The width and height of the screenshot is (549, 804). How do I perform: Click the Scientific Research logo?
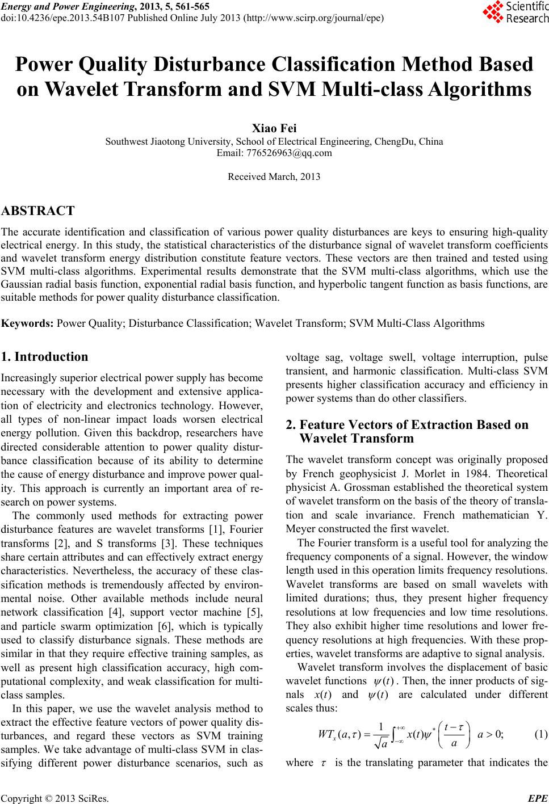click(515, 13)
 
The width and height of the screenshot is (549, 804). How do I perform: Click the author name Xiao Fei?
click(274, 129)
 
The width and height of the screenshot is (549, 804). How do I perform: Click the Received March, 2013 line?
click(274, 176)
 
